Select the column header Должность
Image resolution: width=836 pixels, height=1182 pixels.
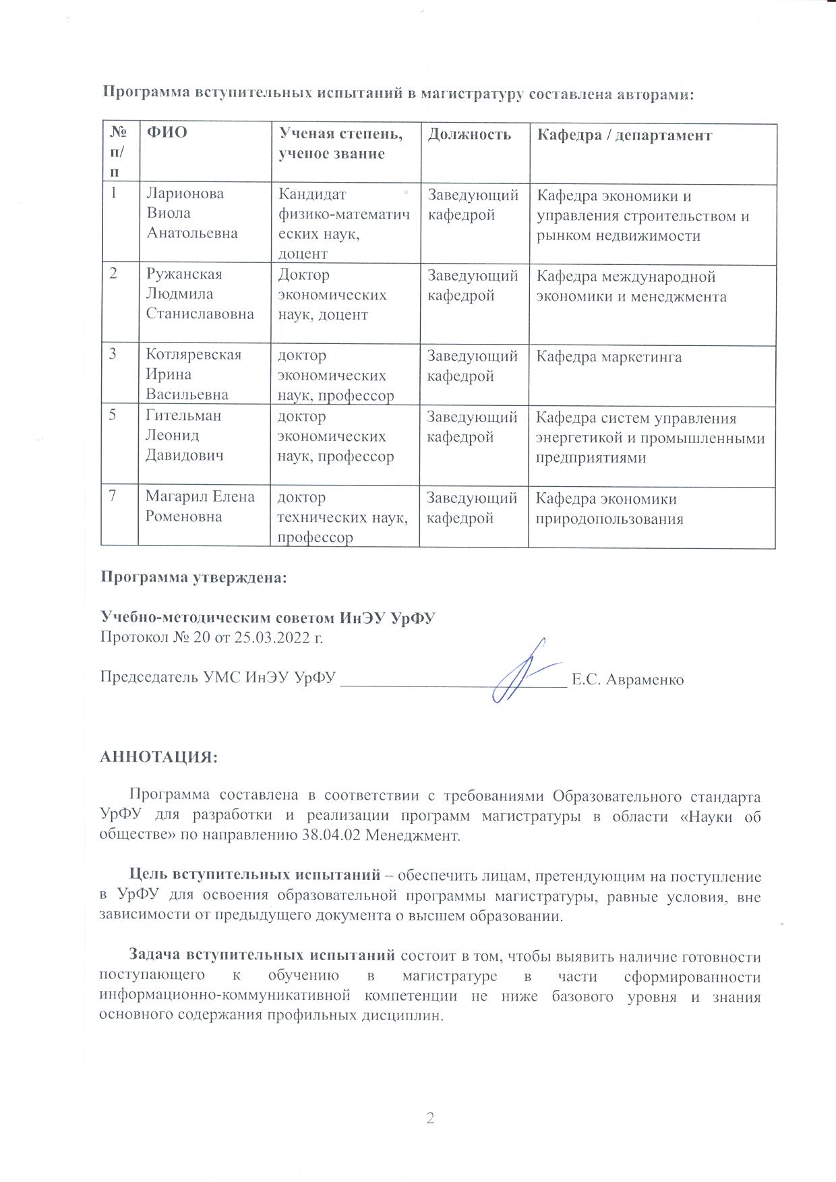[469, 134]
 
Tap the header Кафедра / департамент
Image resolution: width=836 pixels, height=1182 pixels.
[624, 135]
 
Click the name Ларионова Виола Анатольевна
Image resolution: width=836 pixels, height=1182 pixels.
[192, 213]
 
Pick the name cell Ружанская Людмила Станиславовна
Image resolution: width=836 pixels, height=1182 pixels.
[200, 294]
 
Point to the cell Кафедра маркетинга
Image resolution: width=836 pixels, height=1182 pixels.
[609, 357]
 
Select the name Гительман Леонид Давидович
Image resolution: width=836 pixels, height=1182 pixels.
[184, 435]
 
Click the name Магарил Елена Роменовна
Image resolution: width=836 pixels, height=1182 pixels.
[200, 506]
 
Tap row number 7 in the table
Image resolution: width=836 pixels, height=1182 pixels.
[115, 496]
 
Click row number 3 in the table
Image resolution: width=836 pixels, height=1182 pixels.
[115, 354]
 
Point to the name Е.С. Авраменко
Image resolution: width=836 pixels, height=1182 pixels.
[627, 680]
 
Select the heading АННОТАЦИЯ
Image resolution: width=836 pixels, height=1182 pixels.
[159, 757]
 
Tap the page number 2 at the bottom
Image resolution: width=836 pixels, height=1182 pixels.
[430, 1119]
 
